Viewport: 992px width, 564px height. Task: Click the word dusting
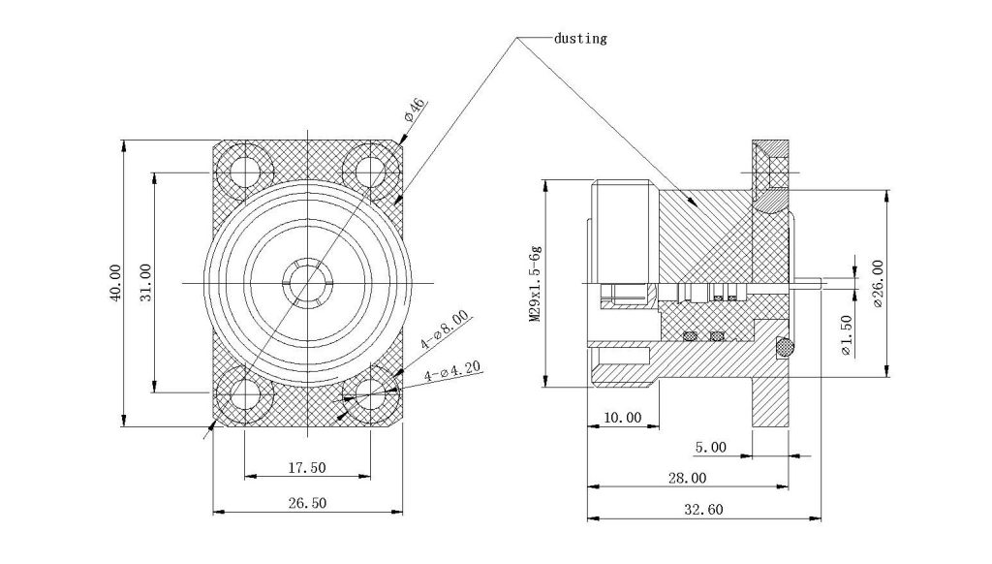click(580, 39)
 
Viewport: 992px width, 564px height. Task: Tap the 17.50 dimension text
click(307, 467)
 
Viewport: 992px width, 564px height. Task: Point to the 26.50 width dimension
click(307, 502)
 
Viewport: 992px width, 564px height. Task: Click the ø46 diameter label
click(414, 110)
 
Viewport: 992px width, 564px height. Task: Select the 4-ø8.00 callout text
click(445, 330)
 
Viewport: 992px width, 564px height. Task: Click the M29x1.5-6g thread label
click(534, 284)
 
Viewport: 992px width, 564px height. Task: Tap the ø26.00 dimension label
click(877, 283)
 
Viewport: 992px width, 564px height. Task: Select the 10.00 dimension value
click(622, 418)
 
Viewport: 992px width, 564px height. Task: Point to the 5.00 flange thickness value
click(711, 447)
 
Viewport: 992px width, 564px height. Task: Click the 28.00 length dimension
click(686, 478)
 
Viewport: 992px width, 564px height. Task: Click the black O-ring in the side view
click(784, 346)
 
